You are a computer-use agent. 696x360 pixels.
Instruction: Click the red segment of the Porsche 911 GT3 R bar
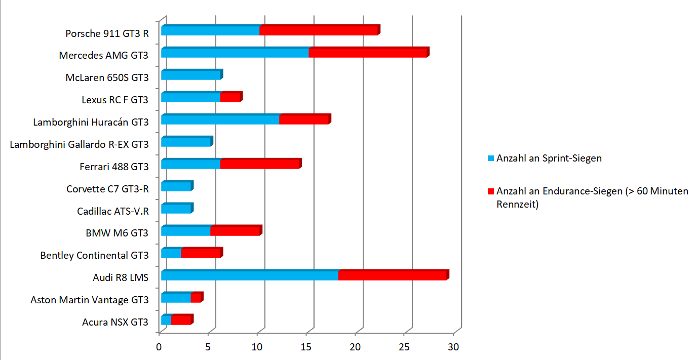pyautogui.click(x=320, y=30)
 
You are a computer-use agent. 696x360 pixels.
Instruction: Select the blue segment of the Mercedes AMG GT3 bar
pyautogui.click(x=235, y=52)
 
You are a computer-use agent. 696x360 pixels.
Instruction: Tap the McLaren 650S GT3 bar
pyautogui.click(x=192, y=74)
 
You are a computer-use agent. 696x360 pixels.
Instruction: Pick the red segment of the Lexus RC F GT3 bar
pyautogui.click(x=231, y=97)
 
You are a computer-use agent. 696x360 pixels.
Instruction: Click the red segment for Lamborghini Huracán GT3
pyautogui.click(x=305, y=119)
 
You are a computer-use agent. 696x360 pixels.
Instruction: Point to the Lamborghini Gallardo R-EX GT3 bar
pyautogui.click(x=187, y=141)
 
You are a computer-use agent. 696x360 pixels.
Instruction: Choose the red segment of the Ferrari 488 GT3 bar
pyautogui.click(x=261, y=164)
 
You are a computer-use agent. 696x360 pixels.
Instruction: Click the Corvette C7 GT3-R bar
pyautogui.click(x=177, y=186)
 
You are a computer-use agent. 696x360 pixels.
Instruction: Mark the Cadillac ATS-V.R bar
pyautogui.click(x=177, y=208)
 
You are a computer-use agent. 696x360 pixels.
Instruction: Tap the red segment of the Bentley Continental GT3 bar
pyautogui.click(x=202, y=253)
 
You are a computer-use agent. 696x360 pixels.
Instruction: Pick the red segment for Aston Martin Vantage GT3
pyautogui.click(x=197, y=297)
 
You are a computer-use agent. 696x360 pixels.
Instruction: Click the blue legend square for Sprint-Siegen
pyautogui.click(x=491, y=158)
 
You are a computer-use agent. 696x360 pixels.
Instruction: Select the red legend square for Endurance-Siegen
pyautogui.click(x=491, y=191)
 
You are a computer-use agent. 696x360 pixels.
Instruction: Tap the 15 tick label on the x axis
pyautogui.click(x=306, y=347)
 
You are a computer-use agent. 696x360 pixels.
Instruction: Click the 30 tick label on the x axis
pyautogui.click(x=453, y=347)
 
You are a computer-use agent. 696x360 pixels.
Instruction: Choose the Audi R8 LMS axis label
pyautogui.click(x=121, y=277)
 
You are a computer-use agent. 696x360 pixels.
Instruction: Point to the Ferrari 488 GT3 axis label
pyautogui.click(x=114, y=167)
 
